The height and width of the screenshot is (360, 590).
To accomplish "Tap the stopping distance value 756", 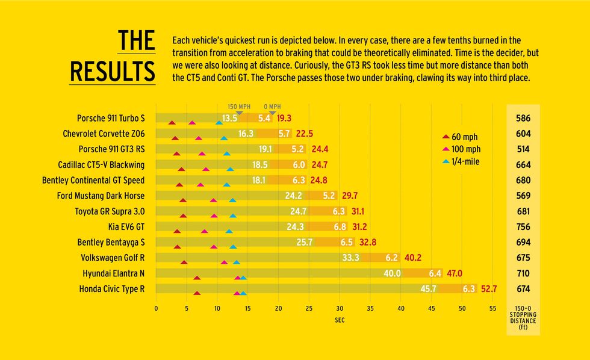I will click(523, 227).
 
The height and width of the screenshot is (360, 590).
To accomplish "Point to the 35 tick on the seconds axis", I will click(370, 308).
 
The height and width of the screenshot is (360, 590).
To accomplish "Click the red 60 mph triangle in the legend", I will click(446, 137).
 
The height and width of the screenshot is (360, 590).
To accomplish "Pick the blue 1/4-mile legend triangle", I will click(446, 162).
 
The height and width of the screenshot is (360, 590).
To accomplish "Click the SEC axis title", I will click(340, 320).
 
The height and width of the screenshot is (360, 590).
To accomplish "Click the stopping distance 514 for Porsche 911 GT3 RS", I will click(523, 149).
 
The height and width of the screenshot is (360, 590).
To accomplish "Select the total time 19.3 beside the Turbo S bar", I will click(284, 118).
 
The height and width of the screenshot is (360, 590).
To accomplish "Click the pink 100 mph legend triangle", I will click(446, 150).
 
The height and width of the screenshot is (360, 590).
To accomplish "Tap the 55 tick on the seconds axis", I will click(492, 308).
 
